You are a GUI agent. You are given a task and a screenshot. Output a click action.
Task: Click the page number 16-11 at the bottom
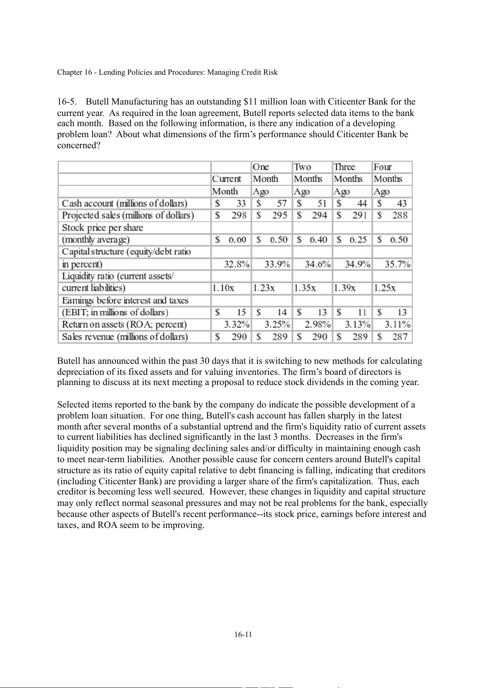coord(243,634)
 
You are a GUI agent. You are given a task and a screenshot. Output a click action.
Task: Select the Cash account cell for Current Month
coord(231,203)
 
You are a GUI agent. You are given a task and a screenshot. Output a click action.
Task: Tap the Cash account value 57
coord(282,203)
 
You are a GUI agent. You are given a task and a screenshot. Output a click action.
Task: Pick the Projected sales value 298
coord(239,215)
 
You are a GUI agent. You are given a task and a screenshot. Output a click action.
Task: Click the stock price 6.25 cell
coord(352,240)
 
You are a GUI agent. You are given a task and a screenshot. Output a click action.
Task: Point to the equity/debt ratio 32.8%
coord(237,264)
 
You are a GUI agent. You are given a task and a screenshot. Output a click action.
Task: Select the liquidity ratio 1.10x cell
coord(223,288)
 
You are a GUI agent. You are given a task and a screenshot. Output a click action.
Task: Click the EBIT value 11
coord(362,312)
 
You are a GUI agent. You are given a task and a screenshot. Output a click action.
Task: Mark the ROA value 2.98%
coord(317,325)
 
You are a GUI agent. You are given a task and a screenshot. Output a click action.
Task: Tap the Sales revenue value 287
coord(400,337)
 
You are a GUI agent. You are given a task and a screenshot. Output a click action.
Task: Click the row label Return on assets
coord(124,325)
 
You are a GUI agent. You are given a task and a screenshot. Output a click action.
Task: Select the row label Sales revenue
coord(125,337)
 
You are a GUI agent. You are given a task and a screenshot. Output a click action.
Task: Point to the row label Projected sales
coord(128,215)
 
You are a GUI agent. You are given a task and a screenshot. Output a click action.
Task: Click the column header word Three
coord(344,167)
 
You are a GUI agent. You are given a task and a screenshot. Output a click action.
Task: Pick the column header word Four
coord(383,167)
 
